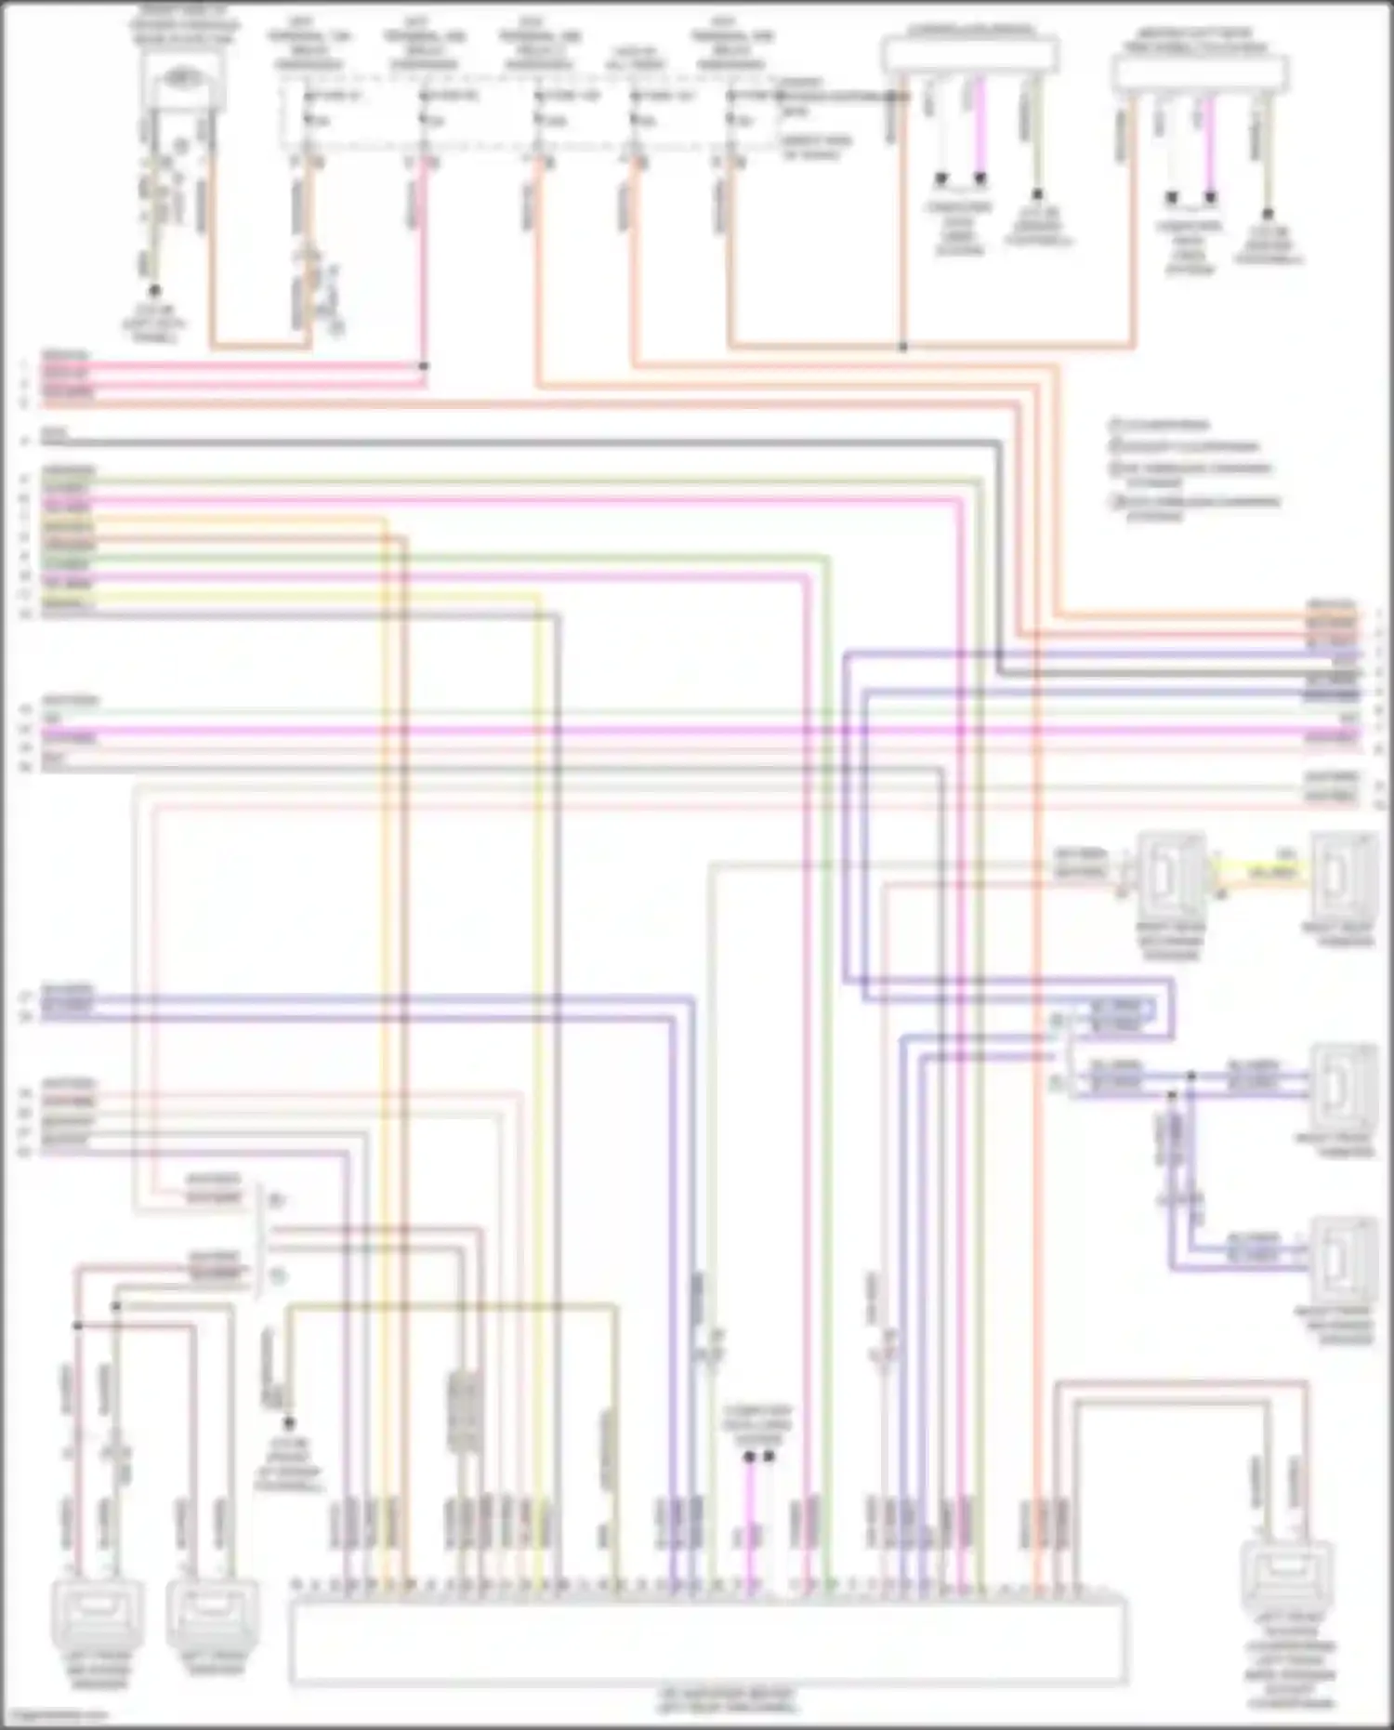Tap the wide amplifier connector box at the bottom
click(x=707, y=1640)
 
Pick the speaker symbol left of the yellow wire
click(x=1170, y=875)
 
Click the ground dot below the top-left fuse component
click(x=155, y=291)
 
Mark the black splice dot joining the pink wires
click(x=423, y=366)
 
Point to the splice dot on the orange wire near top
click(x=902, y=347)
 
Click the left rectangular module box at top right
click(x=970, y=54)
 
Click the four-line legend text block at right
click(x=1194, y=469)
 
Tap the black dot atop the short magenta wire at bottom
click(x=749, y=1457)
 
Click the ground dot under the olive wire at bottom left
click(x=288, y=1423)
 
